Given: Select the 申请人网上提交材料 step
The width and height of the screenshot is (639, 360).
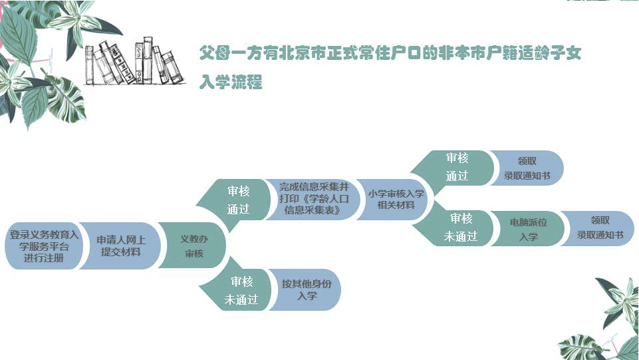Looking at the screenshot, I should click(x=121, y=246).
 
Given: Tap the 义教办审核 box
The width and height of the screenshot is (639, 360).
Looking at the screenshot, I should click(x=194, y=246).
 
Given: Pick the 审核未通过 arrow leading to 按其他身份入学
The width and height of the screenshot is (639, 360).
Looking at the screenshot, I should click(x=241, y=291).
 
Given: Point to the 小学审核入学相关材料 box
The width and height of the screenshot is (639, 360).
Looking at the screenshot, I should click(x=396, y=199).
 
